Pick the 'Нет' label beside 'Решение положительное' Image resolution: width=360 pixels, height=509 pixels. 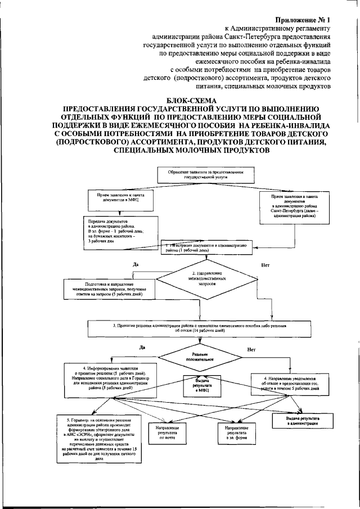[251, 349]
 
